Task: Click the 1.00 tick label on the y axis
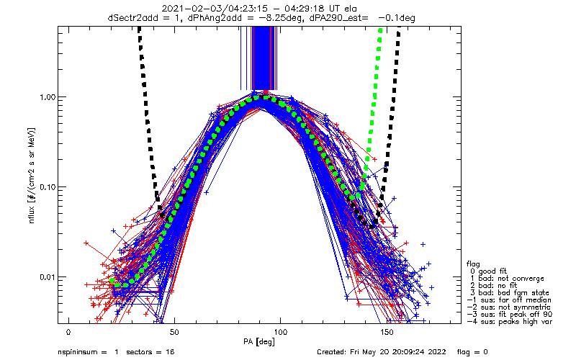click(x=47, y=97)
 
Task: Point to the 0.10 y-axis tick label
click(x=47, y=187)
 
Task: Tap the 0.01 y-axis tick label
click(x=47, y=277)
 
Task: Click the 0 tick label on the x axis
click(x=68, y=333)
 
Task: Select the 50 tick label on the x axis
click(x=174, y=333)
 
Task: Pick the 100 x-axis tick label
click(x=280, y=333)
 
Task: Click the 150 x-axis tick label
click(x=387, y=333)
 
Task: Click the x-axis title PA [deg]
click(x=259, y=342)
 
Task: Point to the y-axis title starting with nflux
click(x=32, y=176)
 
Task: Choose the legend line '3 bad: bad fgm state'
click(x=510, y=293)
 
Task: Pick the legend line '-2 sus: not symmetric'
click(x=509, y=307)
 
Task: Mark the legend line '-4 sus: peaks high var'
click(x=510, y=321)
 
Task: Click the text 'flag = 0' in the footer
click(x=472, y=352)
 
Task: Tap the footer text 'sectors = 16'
click(x=150, y=352)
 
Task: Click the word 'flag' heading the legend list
click(x=473, y=264)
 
